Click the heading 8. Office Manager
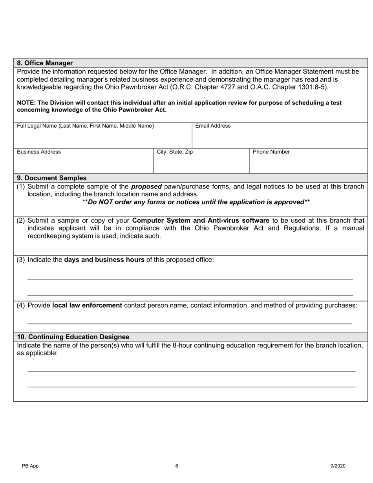45,63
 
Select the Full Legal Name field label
85,126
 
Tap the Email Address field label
213,126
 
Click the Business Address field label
39,152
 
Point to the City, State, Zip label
175,152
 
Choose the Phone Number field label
271,152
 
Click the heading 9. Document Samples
52,178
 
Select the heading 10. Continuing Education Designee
73,337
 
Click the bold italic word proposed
146,187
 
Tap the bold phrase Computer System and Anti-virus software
201,220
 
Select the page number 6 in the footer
177,466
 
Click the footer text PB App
30,466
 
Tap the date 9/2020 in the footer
338,466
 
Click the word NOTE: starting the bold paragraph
26,103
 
